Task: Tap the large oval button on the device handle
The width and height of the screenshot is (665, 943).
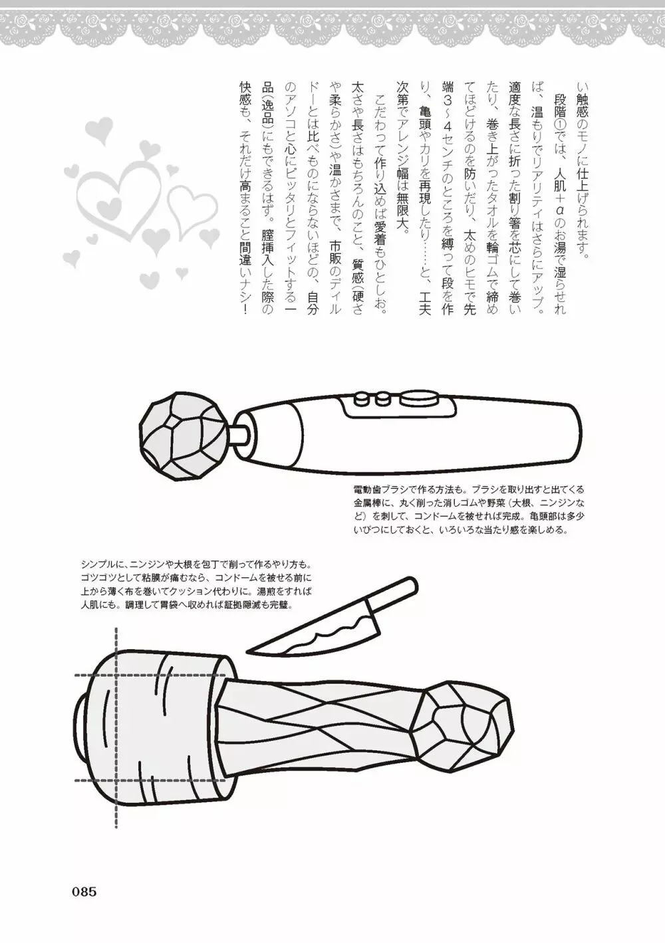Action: click(419, 398)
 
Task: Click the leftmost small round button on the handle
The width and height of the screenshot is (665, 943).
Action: click(361, 398)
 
